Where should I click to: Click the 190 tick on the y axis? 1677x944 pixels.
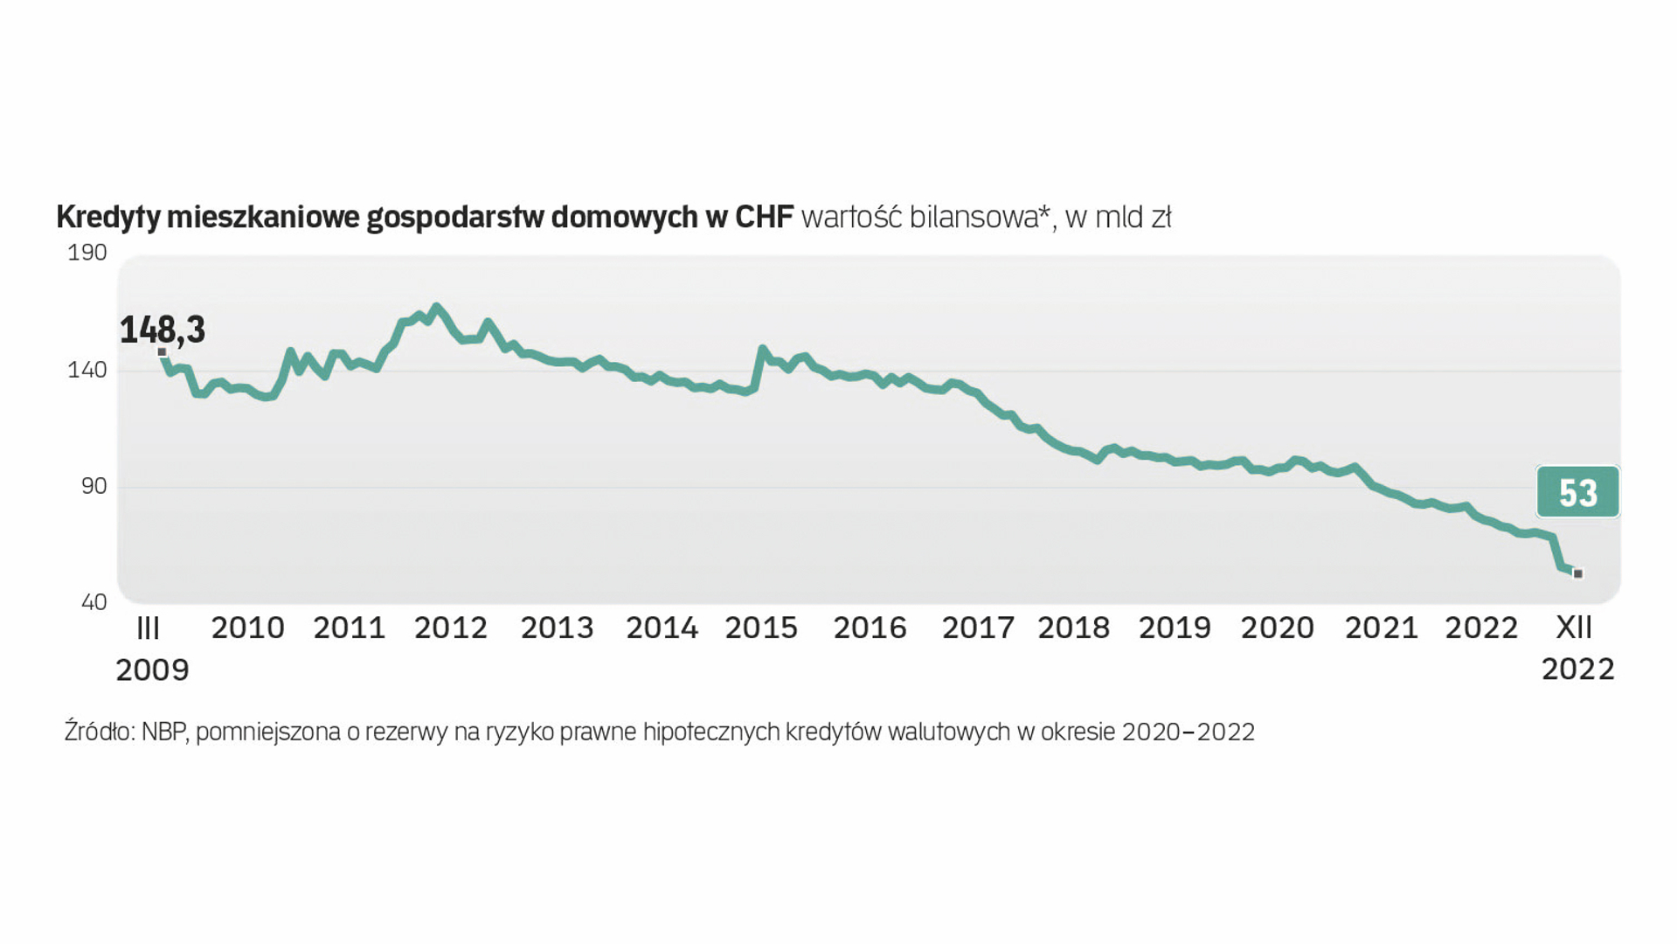point(87,253)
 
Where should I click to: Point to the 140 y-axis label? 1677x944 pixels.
point(87,370)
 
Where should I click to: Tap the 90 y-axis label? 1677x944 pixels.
point(94,486)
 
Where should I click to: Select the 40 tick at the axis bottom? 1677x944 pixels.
point(94,602)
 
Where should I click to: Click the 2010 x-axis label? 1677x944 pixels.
point(247,628)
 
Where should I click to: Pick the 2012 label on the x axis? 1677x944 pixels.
point(450,628)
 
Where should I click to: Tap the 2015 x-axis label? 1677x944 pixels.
point(761,628)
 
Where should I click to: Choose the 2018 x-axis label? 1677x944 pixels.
point(1073,628)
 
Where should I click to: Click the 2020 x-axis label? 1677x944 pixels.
point(1277,628)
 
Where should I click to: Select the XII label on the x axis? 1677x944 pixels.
point(1575,628)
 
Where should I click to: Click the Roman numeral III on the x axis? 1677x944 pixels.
point(149,628)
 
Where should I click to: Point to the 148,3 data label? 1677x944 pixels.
point(163,330)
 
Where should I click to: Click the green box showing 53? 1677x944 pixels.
point(1577,492)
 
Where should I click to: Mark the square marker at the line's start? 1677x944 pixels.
point(162,352)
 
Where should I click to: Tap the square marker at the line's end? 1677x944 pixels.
point(1577,573)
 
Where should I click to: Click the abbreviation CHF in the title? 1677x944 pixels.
point(764,217)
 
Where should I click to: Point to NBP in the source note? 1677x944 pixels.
point(164,732)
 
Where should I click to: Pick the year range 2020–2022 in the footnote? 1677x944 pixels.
point(1188,732)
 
